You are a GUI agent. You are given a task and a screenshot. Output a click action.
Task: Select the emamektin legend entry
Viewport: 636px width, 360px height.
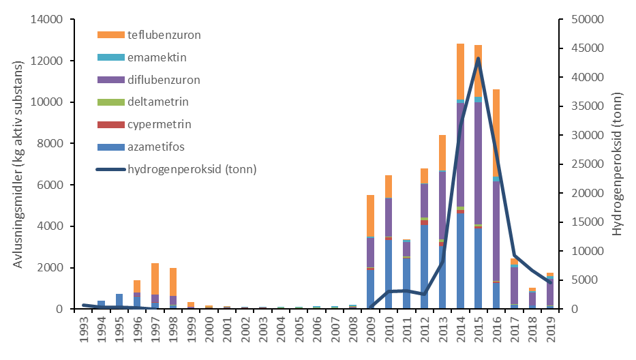[156, 57]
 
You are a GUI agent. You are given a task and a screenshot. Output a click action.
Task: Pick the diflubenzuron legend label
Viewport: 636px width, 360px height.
[164, 80]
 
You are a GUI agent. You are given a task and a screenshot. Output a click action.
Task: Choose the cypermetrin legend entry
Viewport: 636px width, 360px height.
[159, 125]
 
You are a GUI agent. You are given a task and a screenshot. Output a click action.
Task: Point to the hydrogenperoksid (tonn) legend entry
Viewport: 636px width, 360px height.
[192, 169]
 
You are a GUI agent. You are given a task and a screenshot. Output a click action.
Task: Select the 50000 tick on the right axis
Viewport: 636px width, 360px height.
[584, 20]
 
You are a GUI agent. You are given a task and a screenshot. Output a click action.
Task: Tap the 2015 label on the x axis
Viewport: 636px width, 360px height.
[479, 330]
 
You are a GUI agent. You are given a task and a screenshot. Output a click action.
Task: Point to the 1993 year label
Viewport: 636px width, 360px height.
[84, 330]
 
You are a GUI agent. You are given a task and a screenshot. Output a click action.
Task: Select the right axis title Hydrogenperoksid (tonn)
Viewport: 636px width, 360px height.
[618, 164]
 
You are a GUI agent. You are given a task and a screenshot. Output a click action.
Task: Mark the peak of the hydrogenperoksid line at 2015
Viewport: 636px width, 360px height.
[479, 58]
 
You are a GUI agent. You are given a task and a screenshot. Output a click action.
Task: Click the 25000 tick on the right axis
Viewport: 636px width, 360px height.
[584, 164]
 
